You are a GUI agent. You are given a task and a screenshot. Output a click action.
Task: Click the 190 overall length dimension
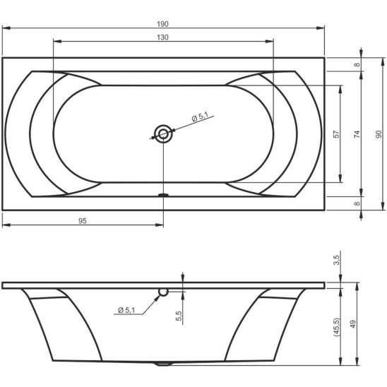click(x=162, y=24)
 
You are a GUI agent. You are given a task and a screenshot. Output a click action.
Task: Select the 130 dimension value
click(x=162, y=37)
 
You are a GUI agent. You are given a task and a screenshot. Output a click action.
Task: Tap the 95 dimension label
click(x=83, y=221)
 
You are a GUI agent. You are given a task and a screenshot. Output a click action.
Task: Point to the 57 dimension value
click(x=336, y=134)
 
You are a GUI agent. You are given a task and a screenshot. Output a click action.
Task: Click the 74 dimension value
click(x=357, y=134)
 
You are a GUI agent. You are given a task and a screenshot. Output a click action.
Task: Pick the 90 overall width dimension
click(x=379, y=134)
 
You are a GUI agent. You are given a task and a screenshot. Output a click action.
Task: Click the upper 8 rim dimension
click(x=357, y=65)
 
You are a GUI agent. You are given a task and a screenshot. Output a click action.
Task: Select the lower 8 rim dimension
click(x=357, y=203)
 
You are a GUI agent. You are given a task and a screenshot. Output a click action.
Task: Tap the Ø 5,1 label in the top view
click(x=200, y=117)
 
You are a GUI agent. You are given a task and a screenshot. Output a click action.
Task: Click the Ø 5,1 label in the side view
click(x=126, y=310)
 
